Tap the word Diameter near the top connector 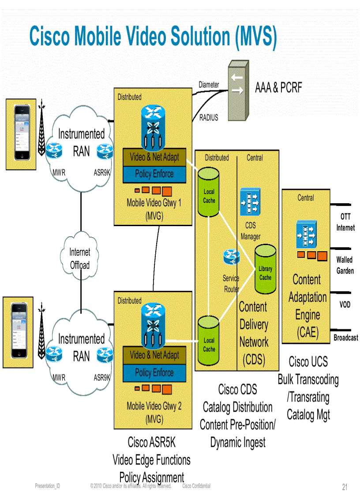209,85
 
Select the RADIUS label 209,118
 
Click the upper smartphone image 20,134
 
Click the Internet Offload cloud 80,258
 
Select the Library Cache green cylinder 265,269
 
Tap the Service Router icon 232,257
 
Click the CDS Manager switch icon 250,202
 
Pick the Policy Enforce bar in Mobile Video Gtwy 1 154,174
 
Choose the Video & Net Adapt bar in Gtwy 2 154,355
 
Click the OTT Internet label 345,222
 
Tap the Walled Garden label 345,265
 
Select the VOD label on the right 345,305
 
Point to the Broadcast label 345,338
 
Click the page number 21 345,487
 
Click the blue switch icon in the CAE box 306,234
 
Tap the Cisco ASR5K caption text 151,442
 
